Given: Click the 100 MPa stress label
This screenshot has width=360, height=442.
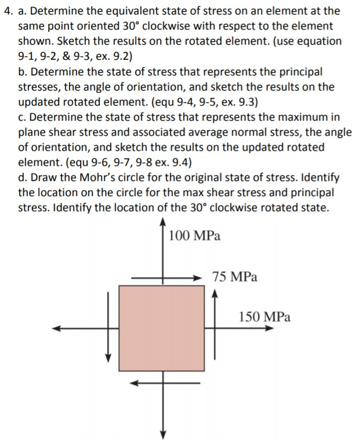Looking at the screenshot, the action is [x=194, y=236].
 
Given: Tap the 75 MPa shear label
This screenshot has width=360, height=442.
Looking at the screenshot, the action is [x=235, y=277].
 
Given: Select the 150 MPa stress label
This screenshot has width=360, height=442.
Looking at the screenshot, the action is [x=264, y=317].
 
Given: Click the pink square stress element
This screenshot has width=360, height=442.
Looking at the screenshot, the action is [x=162, y=328].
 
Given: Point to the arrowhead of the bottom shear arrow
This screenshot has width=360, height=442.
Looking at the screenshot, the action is [x=133, y=382].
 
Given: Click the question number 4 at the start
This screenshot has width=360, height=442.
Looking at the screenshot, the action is [x=6, y=10].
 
